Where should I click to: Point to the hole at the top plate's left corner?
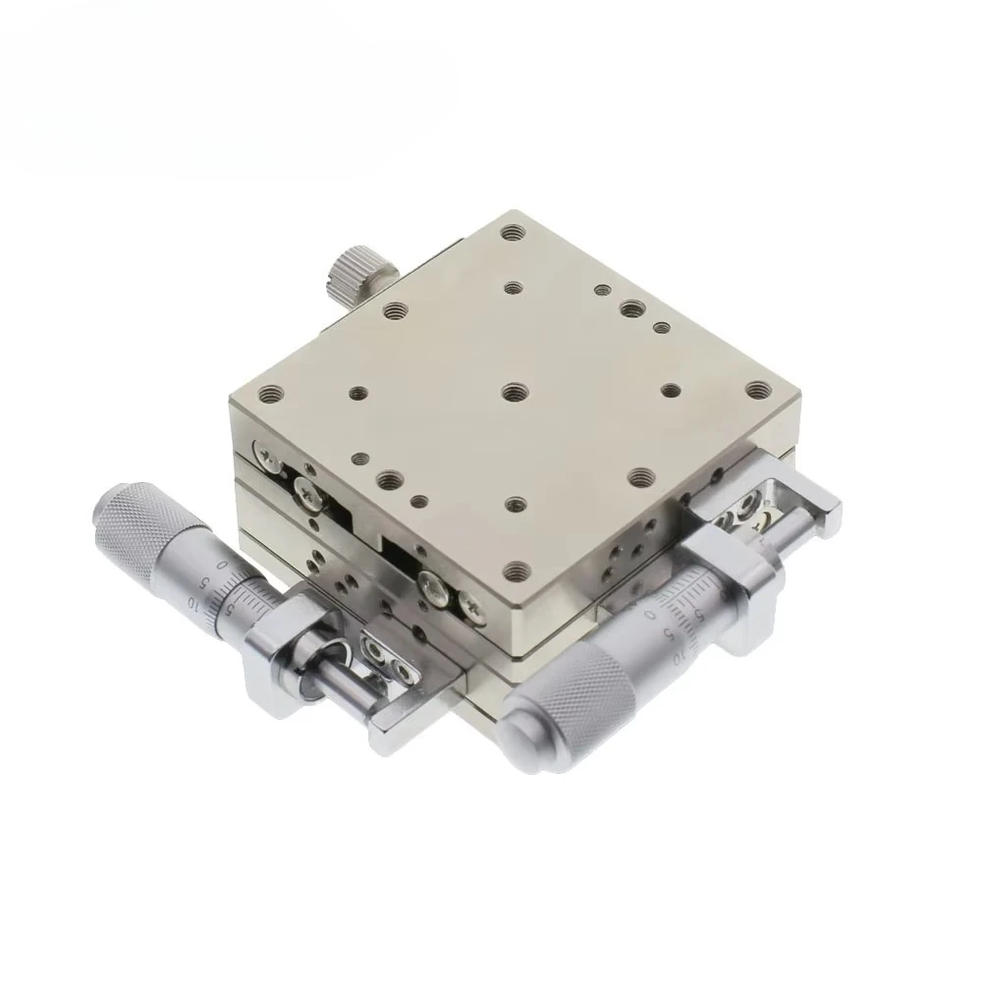[268, 397]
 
